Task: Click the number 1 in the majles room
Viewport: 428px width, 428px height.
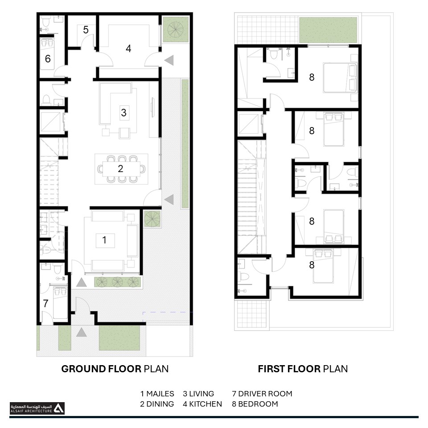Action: click(x=104, y=240)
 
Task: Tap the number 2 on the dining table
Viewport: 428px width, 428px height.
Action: click(x=120, y=169)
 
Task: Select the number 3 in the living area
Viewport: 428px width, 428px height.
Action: click(x=123, y=112)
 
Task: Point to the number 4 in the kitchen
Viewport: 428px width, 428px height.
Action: click(x=128, y=49)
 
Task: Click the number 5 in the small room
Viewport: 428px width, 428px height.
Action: click(x=86, y=30)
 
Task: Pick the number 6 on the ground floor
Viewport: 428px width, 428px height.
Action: click(x=48, y=59)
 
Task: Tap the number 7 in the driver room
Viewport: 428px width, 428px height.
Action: click(x=45, y=303)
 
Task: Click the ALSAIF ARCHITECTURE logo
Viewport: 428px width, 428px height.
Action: click(x=37, y=408)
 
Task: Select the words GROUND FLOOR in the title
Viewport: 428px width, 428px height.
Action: click(x=101, y=369)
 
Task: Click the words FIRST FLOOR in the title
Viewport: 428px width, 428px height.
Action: click(x=289, y=369)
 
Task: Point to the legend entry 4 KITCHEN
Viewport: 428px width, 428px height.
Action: click(x=202, y=404)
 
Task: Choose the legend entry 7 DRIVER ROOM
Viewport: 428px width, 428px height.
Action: click(x=262, y=394)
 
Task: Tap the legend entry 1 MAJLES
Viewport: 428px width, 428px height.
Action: click(x=157, y=394)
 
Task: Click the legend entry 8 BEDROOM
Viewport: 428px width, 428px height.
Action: click(x=255, y=404)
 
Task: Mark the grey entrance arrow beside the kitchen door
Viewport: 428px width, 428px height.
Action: click(x=169, y=60)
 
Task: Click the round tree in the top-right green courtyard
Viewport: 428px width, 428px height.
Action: click(x=176, y=29)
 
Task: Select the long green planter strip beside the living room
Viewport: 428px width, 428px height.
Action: click(x=185, y=144)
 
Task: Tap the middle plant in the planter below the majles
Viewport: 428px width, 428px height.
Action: click(x=118, y=282)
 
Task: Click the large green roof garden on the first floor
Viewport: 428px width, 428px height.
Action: click(x=328, y=30)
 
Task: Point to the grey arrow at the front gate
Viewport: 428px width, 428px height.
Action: click(x=81, y=332)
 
